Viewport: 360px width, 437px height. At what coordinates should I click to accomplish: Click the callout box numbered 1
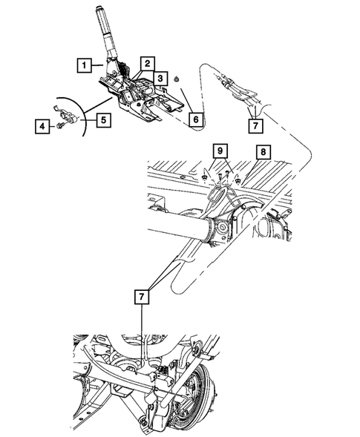pos(88,65)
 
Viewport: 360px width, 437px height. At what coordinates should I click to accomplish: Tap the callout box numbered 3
pos(160,78)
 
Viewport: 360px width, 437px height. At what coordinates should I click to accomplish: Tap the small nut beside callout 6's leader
pos(180,79)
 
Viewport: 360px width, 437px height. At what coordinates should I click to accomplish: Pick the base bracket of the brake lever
pos(137,100)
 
